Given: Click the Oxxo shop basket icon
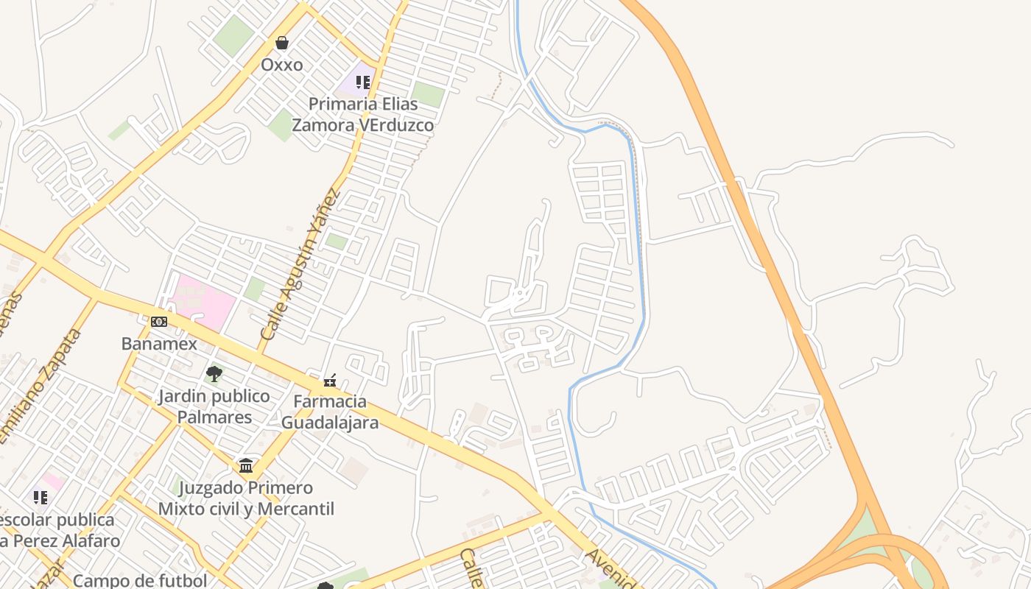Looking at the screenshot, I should pyautogui.click(x=281, y=43).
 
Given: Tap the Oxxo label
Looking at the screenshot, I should pyautogui.click(x=281, y=65).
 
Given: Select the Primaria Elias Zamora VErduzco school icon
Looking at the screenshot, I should pyautogui.click(x=362, y=82).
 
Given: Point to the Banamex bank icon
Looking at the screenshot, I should pyautogui.click(x=159, y=322).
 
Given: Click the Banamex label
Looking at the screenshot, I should pyautogui.click(x=159, y=344).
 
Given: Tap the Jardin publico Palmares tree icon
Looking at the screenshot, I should pyautogui.click(x=214, y=374).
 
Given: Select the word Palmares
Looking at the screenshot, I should pyautogui.click(x=214, y=417).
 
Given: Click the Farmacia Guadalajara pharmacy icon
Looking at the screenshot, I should pyautogui.click(x=330, y=381).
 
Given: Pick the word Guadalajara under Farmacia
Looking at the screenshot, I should pyautogui.click(x=330, y=423).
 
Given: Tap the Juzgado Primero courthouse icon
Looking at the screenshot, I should pyautogui.click(x=246, y=466).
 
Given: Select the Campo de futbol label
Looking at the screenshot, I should pyautogui.click(x=140, y=580).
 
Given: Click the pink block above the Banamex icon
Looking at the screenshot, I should pyautogui.click(x=202, y=302).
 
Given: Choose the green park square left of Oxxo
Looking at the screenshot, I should pyautogui.click(x=235, y=35).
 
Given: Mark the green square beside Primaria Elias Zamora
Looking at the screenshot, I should pyautogui.click(x=428, y=95).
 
